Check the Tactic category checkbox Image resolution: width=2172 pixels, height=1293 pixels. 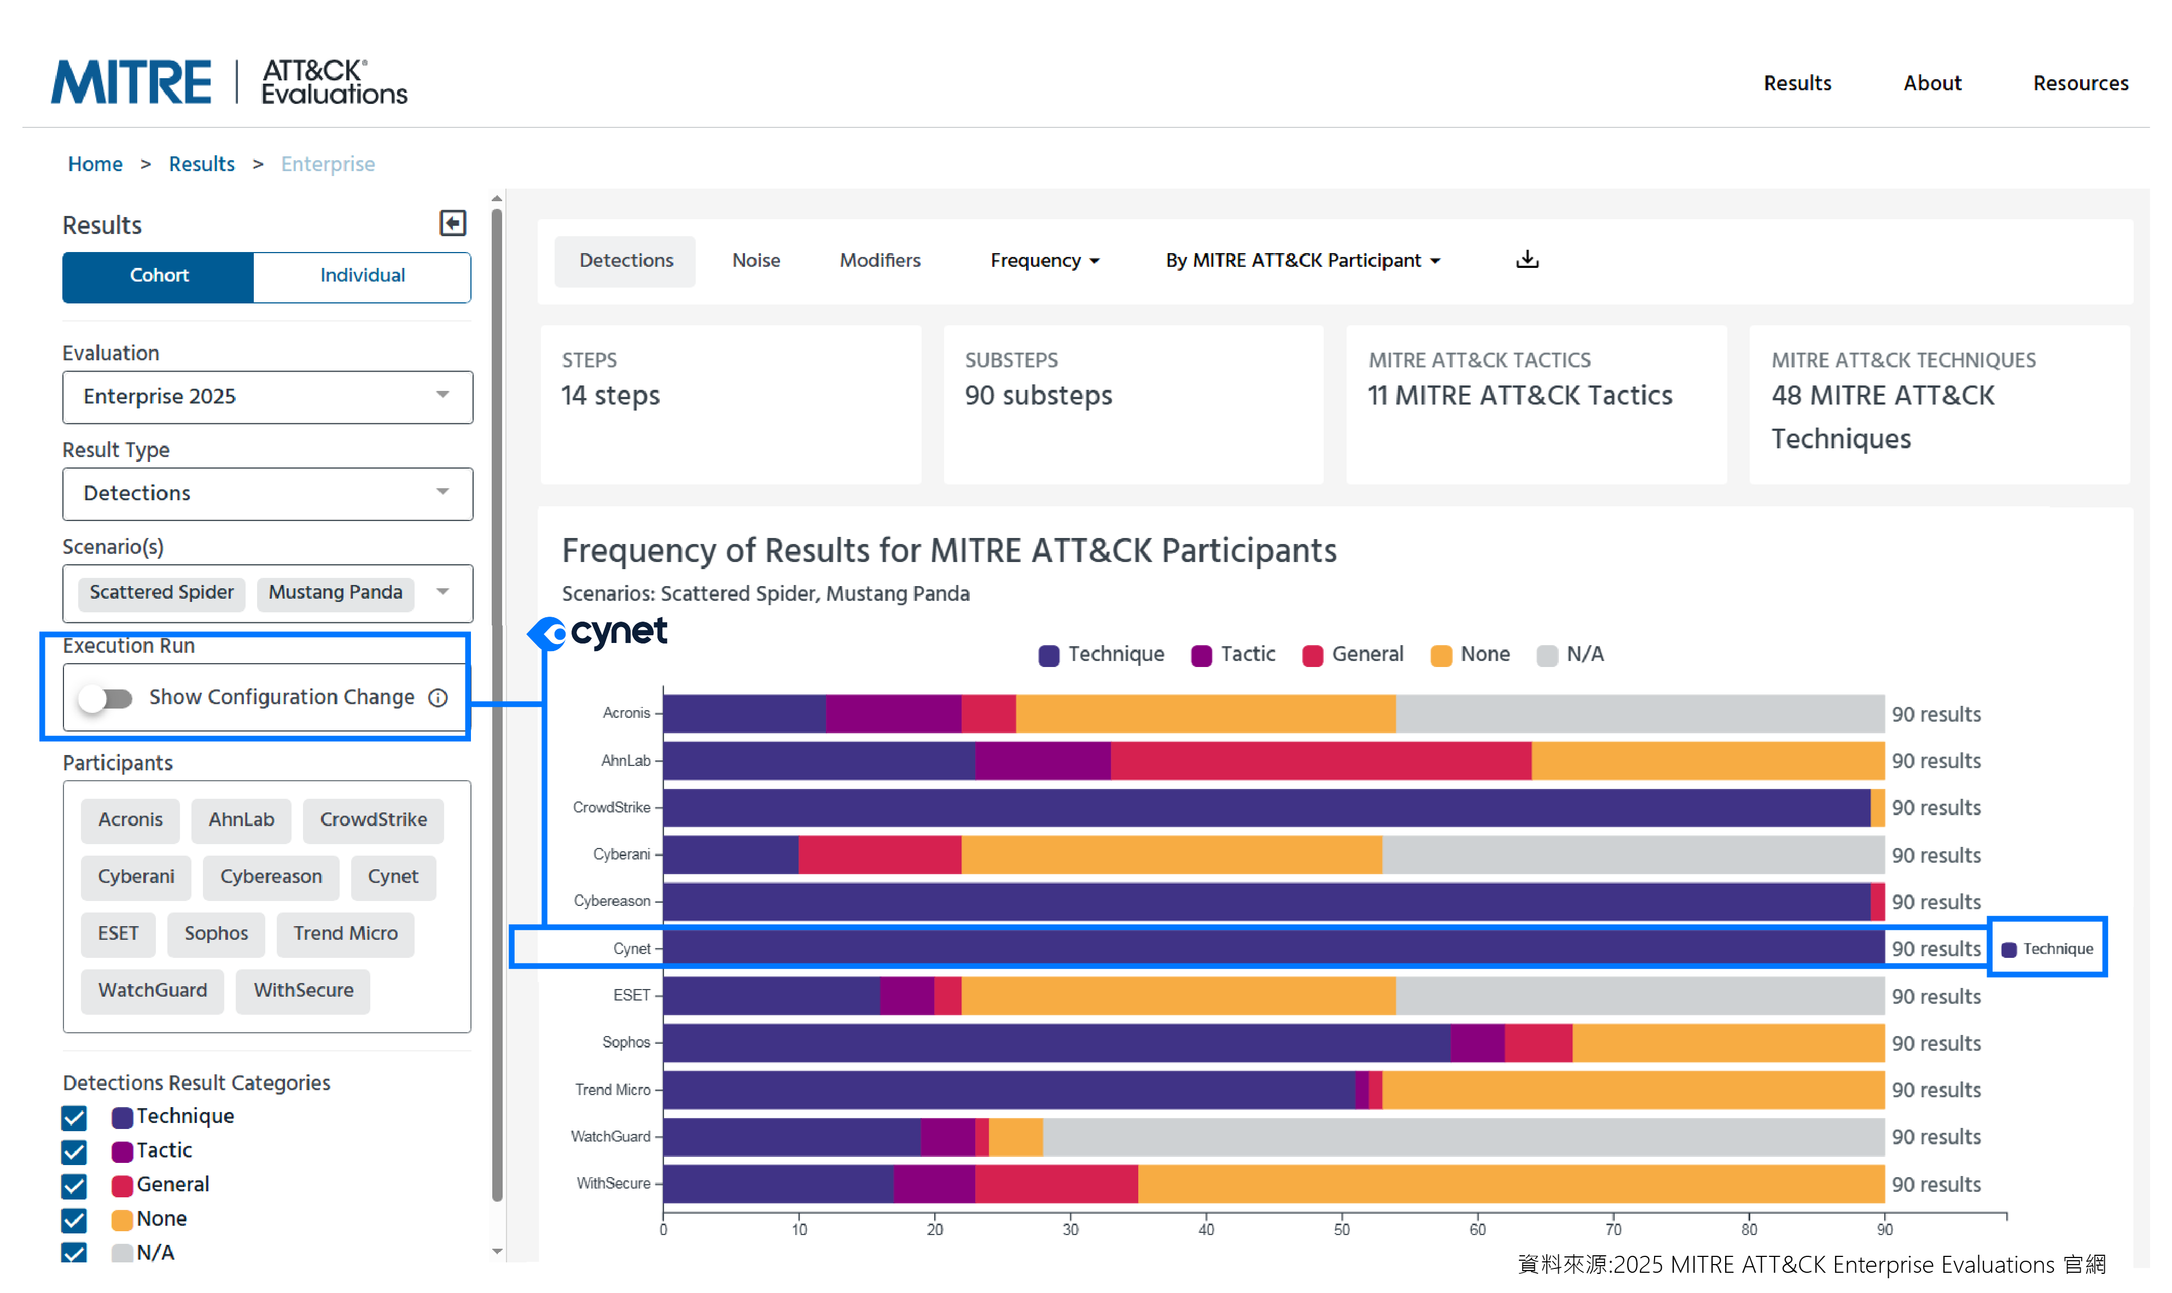[75, 1152]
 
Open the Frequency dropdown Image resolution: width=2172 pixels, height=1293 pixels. [1044, 261]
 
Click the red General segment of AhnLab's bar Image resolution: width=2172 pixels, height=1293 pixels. [1320, 760]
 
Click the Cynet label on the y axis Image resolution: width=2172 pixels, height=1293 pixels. [631, 949]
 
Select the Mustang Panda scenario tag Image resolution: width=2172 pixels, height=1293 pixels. [335, 593]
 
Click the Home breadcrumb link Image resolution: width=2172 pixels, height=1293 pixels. [95, 164]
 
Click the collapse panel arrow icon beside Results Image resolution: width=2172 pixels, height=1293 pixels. [452, 224]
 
